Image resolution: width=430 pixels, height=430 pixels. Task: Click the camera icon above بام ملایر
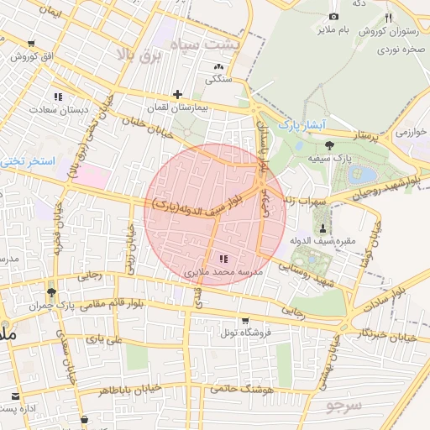[333, 17]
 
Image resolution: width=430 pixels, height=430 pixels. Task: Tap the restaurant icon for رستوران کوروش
[388, 18]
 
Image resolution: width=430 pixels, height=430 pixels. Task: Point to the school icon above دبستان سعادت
[58, 97]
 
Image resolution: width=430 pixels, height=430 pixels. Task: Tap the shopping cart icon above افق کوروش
[31, 44]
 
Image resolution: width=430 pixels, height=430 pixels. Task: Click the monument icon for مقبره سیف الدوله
[324, 228]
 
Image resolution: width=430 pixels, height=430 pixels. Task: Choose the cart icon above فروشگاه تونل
[244, 320]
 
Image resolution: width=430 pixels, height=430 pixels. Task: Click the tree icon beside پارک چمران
[52, 292]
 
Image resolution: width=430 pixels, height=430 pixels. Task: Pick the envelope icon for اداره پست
[15, 395]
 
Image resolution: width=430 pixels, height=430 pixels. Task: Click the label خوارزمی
[412, 132]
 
